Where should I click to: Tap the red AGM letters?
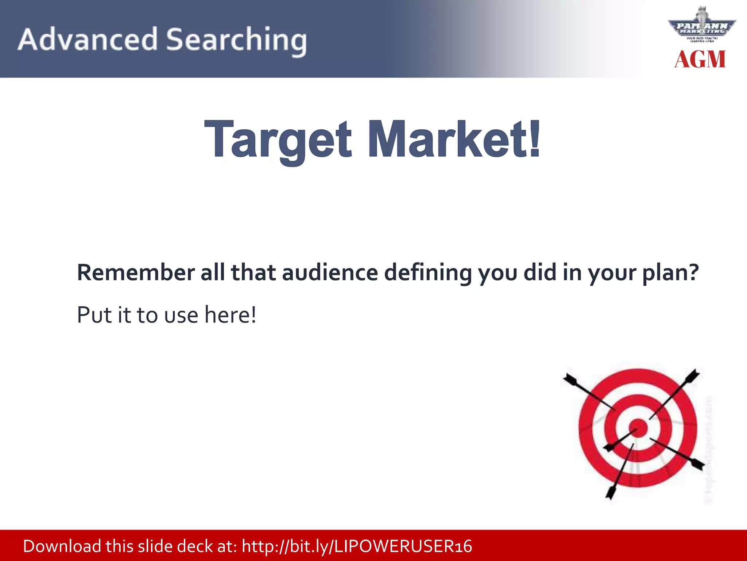(700, 60)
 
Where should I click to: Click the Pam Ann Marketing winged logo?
(701, 27)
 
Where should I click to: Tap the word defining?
(428, 273)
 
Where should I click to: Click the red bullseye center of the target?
(638, 428)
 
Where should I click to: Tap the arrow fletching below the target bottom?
(611, 493)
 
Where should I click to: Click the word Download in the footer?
(62, 546)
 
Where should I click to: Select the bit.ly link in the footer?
(357, 546)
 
